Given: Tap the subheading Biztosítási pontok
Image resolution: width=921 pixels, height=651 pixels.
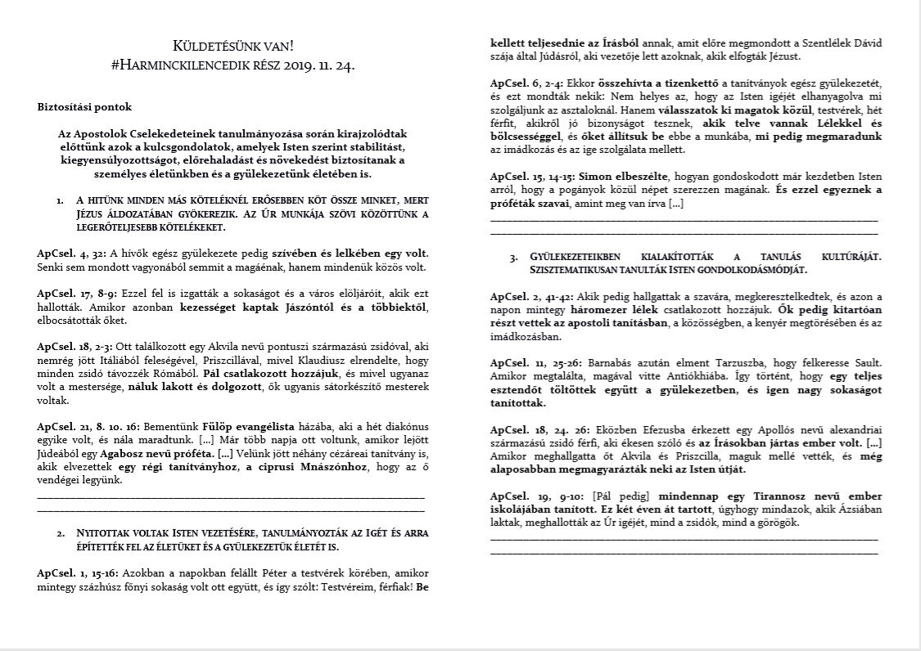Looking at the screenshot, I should (84, 106).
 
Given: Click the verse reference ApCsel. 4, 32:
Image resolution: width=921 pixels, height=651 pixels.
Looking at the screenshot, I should (70, 253).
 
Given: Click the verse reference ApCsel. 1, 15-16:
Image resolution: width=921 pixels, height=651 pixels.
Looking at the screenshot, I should (76, 573).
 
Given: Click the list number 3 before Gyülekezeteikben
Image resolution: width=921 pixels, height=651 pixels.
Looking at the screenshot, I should (513, 257).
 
